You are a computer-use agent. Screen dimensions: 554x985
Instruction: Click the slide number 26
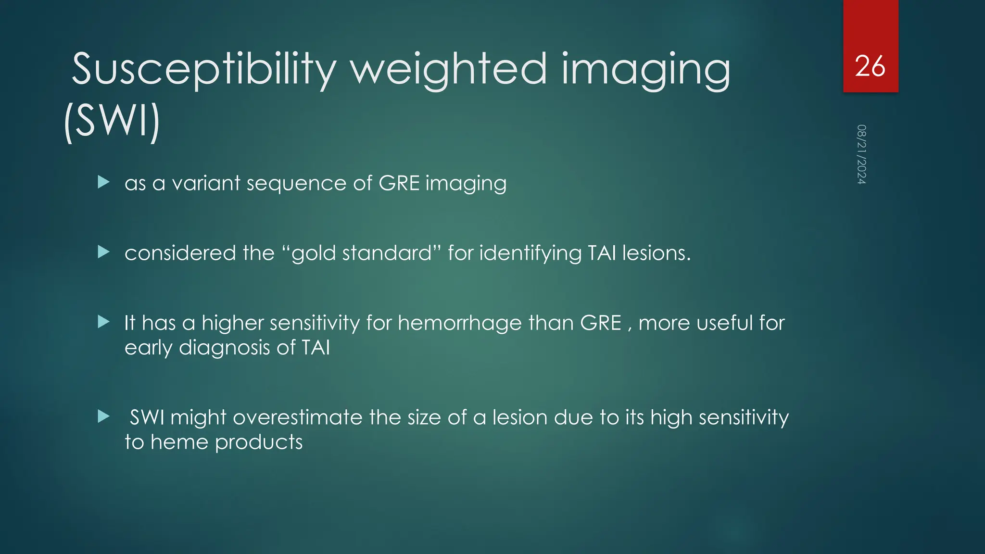[870, 66]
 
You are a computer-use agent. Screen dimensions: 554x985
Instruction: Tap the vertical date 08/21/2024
[861, 154]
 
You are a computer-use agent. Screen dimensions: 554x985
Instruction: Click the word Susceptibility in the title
[204, 70]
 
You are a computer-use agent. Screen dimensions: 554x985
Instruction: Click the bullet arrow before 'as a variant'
[103, 182]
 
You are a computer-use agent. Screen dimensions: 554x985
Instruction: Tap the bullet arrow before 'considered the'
[103, 252]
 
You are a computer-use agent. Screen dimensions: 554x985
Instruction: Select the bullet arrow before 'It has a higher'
[103, 322]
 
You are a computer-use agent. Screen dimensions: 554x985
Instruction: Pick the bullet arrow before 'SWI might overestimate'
[103, 416]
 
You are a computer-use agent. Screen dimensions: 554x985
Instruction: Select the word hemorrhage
[459, 323]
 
